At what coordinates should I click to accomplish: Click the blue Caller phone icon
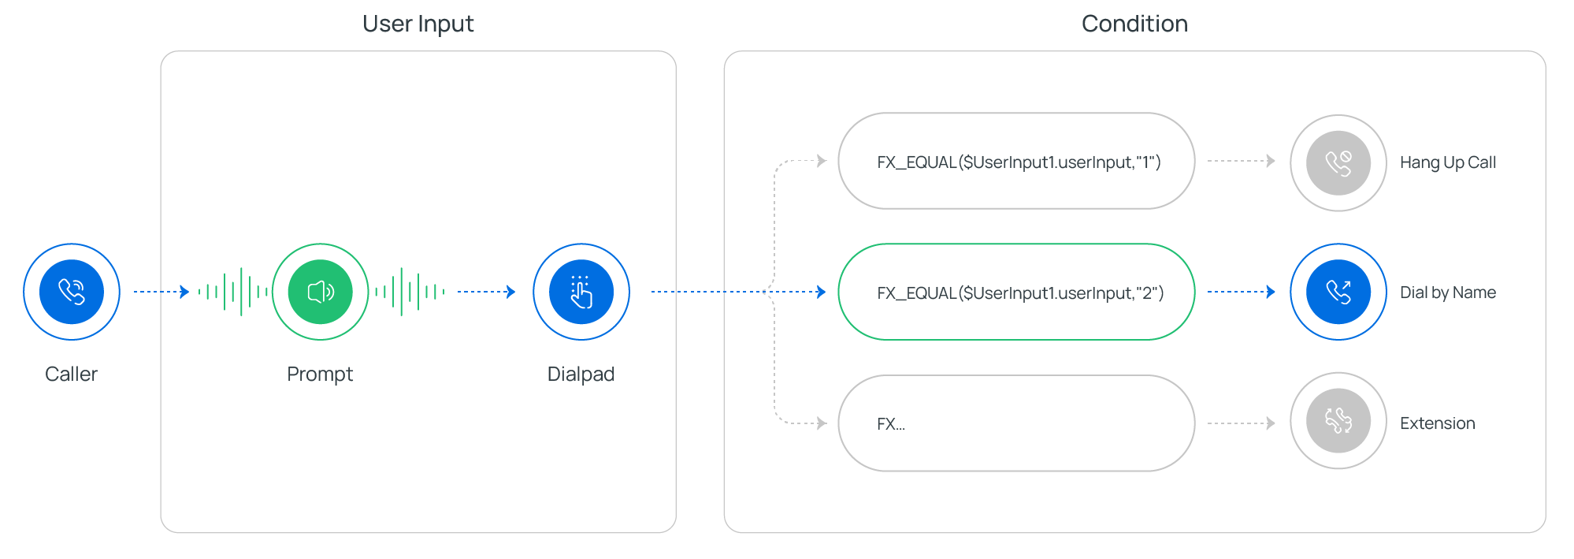(x=72, y=292)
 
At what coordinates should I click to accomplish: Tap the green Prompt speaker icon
(x=320, y=292)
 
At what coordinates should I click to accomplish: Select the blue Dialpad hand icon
(x=581, y=292)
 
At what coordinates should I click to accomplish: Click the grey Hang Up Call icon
(x=1338, y=163)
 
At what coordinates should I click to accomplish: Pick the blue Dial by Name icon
(x=1338, y=292)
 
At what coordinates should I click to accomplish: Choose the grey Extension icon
(x=1338, y=421)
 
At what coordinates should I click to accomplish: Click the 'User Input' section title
(x=418, y=24)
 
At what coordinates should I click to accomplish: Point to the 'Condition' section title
(x=1134, y=24)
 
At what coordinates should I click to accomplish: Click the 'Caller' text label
(x=72, y=374)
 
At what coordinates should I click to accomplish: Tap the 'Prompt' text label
(x=320, y=374)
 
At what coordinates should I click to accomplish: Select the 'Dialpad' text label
(x=581, y=374)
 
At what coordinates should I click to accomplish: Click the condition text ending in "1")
(x=1019, y=162)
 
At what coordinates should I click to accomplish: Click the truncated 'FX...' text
(x=891, y=424)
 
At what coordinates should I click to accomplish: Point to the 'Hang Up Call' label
(x=1448, y=162)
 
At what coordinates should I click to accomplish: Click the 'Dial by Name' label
(x=1448, y=293)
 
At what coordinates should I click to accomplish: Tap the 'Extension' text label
(x=1438, y=423)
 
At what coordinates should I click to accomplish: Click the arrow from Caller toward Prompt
(x=161, y=292)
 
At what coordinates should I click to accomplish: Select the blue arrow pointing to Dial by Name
(x=1242, y=292)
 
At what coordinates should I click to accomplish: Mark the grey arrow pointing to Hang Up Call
(x=1242, y=161)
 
